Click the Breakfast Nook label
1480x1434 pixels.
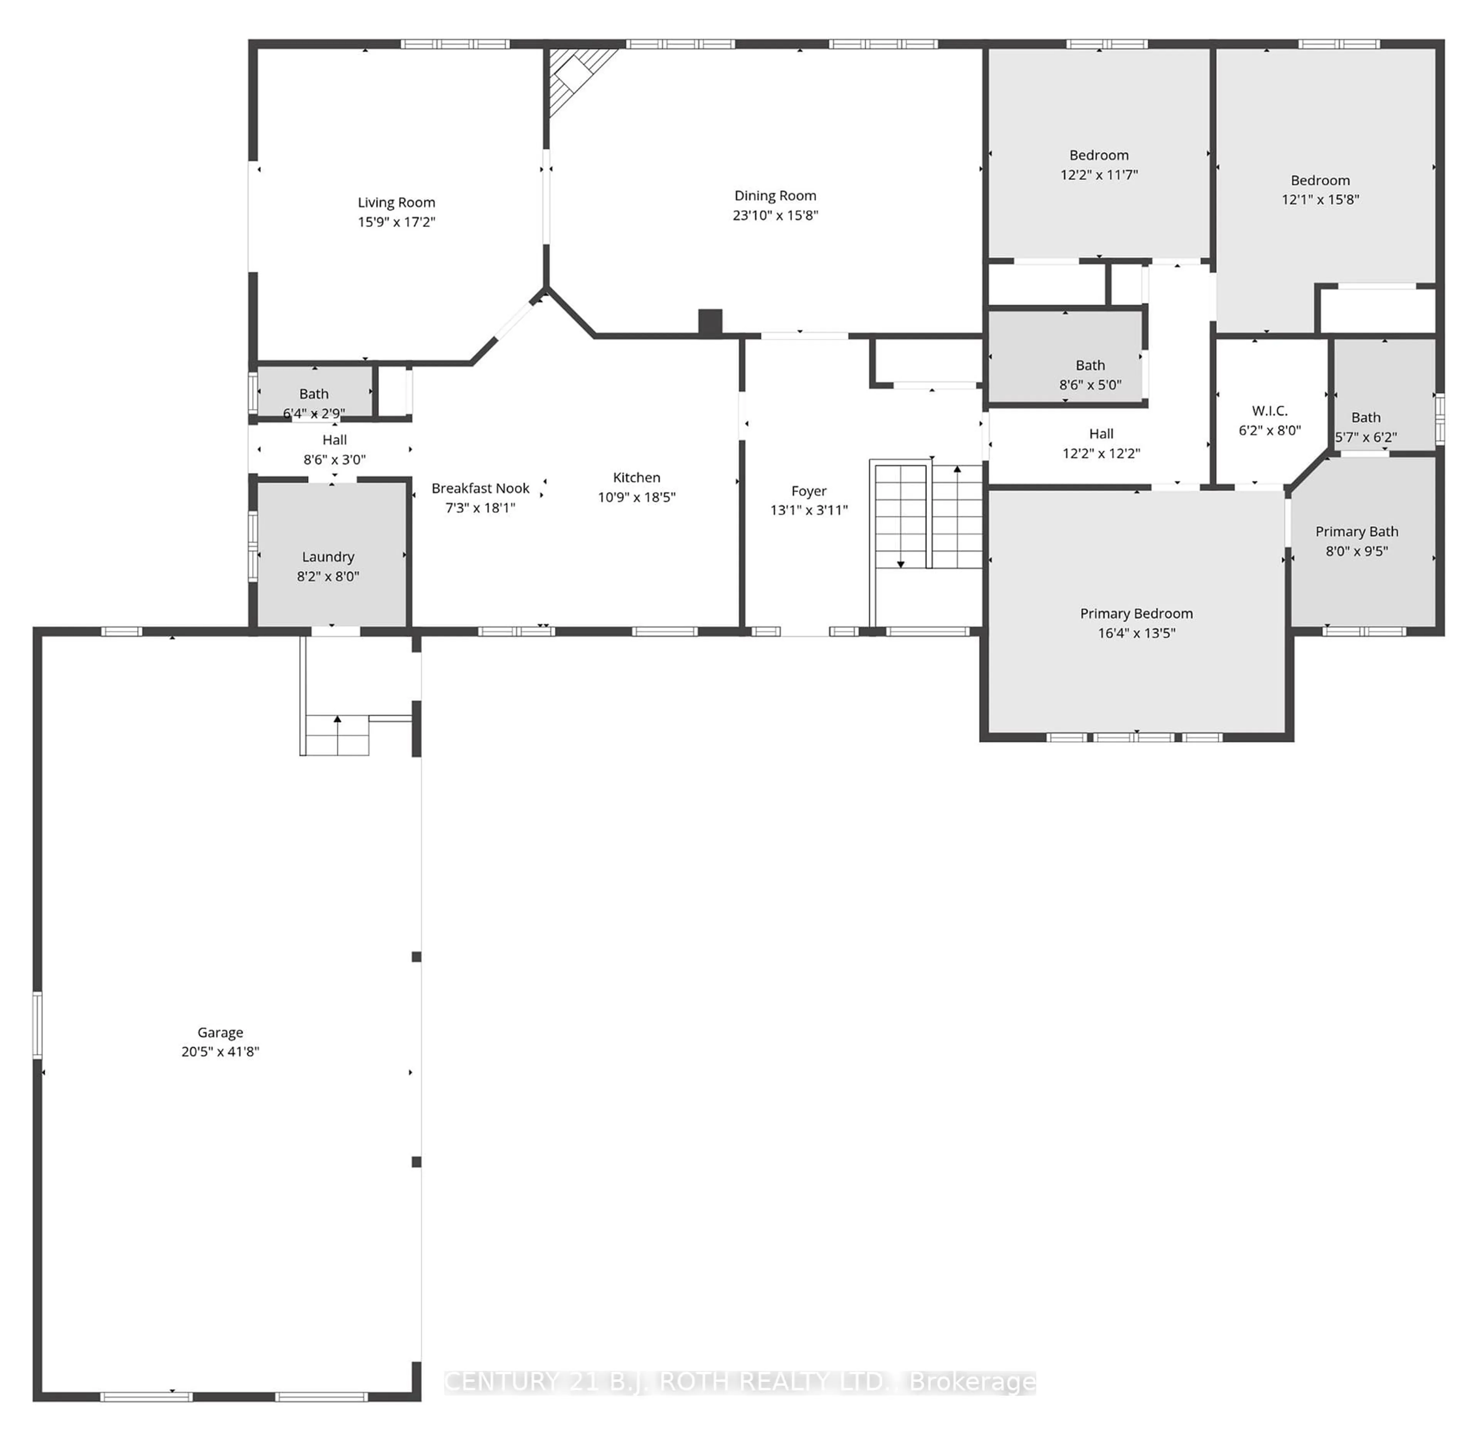[x=480, y=488]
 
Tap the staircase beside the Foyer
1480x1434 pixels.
[x=927, y=517]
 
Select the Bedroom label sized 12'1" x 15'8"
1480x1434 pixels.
[x=1320, y=180]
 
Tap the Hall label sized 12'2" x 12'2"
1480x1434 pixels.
[x=1101, y=434]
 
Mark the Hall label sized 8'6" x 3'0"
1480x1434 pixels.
[x=335, y=440]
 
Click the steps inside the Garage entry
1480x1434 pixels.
[x=337, y=736]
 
